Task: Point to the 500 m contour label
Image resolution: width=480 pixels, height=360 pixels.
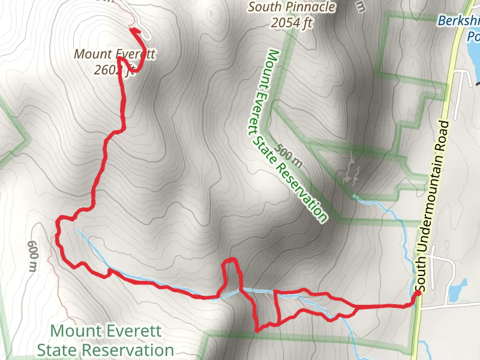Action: pyautogui.click(x=289, y=154)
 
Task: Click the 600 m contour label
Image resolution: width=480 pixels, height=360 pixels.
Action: pyautogui.click(x=32, y=256)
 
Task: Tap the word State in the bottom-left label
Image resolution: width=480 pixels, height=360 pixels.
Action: pyautogui.click(x=56, y=350)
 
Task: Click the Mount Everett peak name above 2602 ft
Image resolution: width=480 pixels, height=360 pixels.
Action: pyautogui.click(x=115, y=54)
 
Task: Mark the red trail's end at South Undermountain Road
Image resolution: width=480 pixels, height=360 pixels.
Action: pyautogui.click(x=418, y=293)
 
